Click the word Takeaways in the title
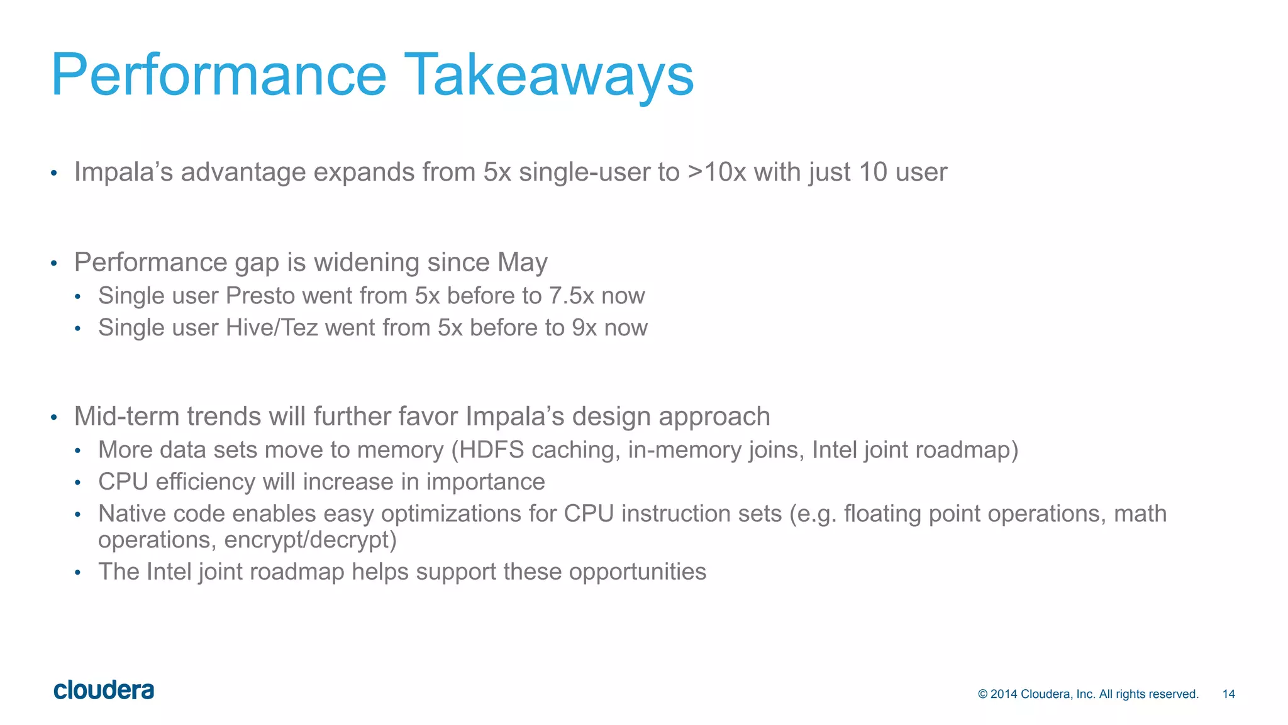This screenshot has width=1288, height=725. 548,76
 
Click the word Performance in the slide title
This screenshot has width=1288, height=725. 218,76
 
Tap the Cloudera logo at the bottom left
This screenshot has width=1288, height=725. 104,690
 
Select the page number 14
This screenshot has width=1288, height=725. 1228,694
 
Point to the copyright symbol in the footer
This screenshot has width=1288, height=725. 983,694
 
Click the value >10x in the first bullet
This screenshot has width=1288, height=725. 716,172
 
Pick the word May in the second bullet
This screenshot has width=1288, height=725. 522,262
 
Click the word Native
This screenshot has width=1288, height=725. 131,514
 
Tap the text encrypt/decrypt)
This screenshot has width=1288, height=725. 310,540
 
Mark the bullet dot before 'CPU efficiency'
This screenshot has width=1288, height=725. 77,483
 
